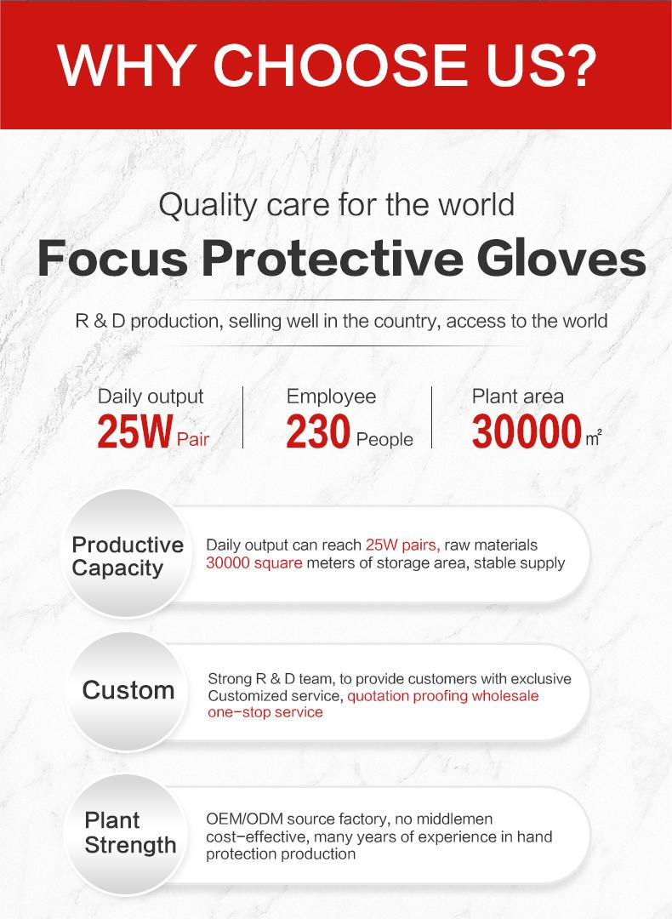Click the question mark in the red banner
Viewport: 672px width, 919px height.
click(x=575, y=65)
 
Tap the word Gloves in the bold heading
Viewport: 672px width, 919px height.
click(x=561, y=259)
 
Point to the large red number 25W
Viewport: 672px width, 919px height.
click(x=135, y=431)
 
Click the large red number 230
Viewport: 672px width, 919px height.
click(x=317, y=431)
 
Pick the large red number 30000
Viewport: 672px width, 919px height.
click(x=527, y=431)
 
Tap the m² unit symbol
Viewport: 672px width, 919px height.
click(x=594, y=438)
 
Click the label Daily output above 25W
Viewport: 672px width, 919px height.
click(x=151, y=397)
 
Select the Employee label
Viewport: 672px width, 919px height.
click(x=331, y=397)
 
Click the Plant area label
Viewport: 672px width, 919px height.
click(x=518, y=397)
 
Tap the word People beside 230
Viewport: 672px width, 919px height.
click(x=384, y=440)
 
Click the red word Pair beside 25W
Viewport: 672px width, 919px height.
click(x=193, y=439)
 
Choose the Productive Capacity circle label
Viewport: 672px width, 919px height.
click(x=127, y=557)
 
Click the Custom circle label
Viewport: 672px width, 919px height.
click(x=128, y=690)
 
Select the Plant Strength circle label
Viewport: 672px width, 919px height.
click(x=130, y=832)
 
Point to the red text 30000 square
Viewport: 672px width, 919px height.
click(x=254, y=563)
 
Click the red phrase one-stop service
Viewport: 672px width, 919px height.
click(x=265, y=712)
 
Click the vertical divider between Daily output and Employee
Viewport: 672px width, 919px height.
click(x=243, y=417)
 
